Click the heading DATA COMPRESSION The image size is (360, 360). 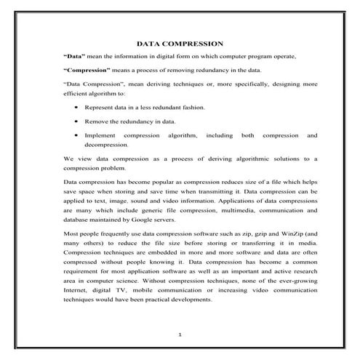pyautogui.click(x=179, y=44)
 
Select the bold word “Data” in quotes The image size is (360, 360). pyautogui.click(x=74, y=56)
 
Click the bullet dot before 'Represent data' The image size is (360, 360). pyautogui.click(x=76, y=107)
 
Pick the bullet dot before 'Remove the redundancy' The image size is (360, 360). pyautogui.click(x=76, y=121)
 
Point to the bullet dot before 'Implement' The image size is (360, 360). pyautogui.click(x=76, y=135)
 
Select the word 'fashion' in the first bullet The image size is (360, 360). pyautogui.click(x=193, y=107)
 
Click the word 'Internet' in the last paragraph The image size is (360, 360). pyautogui.click(x=77, y=289)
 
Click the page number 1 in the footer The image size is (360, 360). pyautogui.click(x=180, y=335)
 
